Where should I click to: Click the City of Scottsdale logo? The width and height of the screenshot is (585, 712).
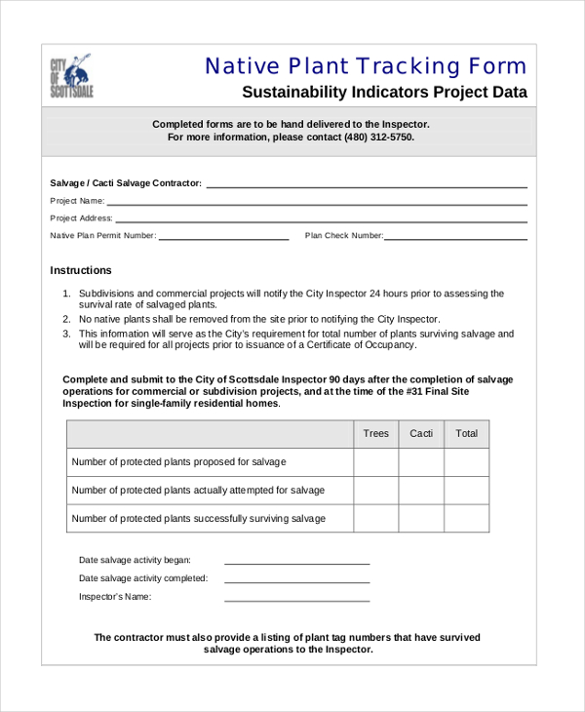point(71,76)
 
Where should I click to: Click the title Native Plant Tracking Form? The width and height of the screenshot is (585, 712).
point(366,66)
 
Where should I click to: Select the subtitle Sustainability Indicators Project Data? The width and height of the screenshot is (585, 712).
point(384,93)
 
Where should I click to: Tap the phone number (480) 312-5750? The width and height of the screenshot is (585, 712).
point(378,138)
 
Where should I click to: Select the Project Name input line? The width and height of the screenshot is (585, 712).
point(317,203)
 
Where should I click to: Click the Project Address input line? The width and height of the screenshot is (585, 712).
point(321,220)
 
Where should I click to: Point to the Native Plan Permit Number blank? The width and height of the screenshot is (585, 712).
point(223,238)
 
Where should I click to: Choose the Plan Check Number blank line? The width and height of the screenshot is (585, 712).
point(455,238)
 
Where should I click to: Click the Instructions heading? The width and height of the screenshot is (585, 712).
point(81,270)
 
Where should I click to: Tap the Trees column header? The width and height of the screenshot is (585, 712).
point(375,433)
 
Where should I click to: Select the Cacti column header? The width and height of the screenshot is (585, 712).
point(421,433)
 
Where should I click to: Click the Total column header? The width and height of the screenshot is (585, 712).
point(467,433)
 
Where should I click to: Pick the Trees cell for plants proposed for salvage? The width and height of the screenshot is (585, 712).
point(375,462)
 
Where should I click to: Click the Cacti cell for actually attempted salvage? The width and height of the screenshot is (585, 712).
point(421,491)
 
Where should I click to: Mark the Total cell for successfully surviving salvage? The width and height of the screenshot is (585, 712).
point(467,519)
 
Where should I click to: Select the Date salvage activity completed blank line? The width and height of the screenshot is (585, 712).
point(297,580)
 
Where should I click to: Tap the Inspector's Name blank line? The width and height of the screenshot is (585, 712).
point(297,599)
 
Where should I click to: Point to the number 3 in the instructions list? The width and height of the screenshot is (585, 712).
point(66,334)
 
